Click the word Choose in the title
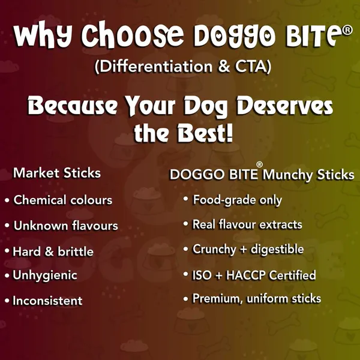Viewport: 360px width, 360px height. pos(133,34)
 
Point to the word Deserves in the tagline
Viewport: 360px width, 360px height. pos(284,106)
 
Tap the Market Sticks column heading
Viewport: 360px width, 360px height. pos(57,173)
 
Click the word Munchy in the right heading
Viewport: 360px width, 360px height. pos(287,175)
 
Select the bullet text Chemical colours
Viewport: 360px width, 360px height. pos(62,200)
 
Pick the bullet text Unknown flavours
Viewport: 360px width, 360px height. pos(65,226)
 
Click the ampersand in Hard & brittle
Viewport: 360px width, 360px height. pos(49,251)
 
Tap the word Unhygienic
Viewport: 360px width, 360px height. pos(45,275)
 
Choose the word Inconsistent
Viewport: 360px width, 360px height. pos(47,301)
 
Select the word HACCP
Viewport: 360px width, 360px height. pos(245,275)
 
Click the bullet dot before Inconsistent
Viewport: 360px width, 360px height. pos(7,301)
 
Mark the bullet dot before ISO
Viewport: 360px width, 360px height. pos(186,274)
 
